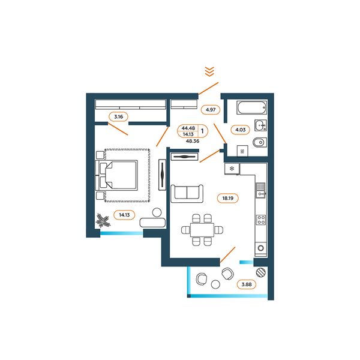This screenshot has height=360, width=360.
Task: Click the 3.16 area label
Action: point(118,116)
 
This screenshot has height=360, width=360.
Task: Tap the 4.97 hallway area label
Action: point(211,110)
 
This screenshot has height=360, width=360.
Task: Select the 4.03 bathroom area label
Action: point(241,130)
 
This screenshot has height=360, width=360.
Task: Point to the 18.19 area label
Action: point(228,198)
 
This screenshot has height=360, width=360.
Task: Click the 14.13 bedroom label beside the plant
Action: point(124,215)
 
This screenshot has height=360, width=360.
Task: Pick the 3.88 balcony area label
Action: point(247,284)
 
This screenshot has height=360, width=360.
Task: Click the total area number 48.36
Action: point(193,141)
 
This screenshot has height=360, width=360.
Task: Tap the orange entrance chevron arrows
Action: point(209,71)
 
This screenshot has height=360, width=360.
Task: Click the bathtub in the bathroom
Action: point(251,107)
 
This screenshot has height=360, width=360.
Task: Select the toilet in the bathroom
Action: point(259,143)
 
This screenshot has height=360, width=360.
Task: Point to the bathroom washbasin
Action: point(260,125)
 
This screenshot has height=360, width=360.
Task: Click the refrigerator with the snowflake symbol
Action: point(232,169)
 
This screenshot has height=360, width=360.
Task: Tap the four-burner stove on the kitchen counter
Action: point(261,220)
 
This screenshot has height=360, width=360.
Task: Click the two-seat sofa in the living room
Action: point(187,193)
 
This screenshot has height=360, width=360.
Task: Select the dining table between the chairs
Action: point(202,230)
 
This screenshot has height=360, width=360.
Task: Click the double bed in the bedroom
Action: point(116,175)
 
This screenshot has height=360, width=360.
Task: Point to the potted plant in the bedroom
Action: point(103,220)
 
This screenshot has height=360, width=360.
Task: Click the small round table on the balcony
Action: point(215,284)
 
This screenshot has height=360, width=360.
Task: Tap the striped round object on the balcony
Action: point(261,272)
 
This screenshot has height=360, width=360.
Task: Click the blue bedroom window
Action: point(122,233)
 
